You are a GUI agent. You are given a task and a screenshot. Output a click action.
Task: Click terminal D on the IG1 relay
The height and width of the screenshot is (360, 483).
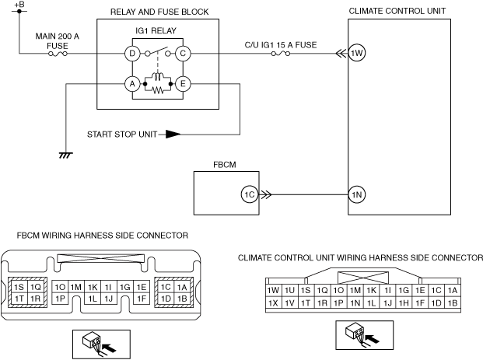132,54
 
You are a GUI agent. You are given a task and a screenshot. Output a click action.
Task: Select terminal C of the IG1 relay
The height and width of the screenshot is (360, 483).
182,54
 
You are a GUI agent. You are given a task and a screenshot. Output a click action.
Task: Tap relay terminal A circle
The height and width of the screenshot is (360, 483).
132,84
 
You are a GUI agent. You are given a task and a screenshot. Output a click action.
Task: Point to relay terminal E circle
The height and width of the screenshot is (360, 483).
182,84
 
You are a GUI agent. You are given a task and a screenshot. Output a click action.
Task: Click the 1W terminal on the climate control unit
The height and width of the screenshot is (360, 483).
357,54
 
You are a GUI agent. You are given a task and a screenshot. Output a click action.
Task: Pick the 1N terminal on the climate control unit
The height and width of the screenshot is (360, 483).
357,194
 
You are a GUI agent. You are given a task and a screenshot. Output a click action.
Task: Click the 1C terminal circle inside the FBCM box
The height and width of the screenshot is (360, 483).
249,194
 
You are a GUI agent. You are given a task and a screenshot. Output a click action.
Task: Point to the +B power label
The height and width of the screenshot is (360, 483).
19,5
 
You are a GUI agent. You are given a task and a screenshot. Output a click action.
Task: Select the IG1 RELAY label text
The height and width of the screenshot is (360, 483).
157,33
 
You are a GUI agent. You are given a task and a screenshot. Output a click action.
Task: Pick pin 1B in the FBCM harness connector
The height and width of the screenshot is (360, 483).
181,298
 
